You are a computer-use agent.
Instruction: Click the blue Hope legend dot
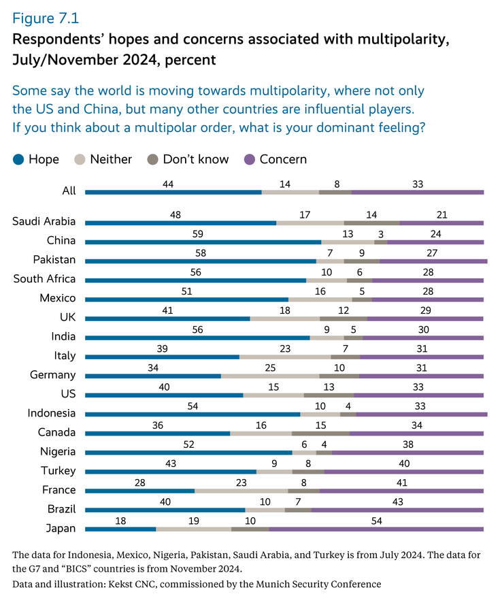(18, 159)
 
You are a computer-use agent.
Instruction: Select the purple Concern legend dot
(250, 159)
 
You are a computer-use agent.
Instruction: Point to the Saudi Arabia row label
(44, 221)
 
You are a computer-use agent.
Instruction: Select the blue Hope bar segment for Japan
(120, 529)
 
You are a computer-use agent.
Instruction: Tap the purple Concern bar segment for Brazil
(397, 510)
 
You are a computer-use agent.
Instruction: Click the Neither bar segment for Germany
(270, 375)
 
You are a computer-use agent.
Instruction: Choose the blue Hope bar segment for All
(173, 193)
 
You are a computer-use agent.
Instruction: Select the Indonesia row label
(51, 413)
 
